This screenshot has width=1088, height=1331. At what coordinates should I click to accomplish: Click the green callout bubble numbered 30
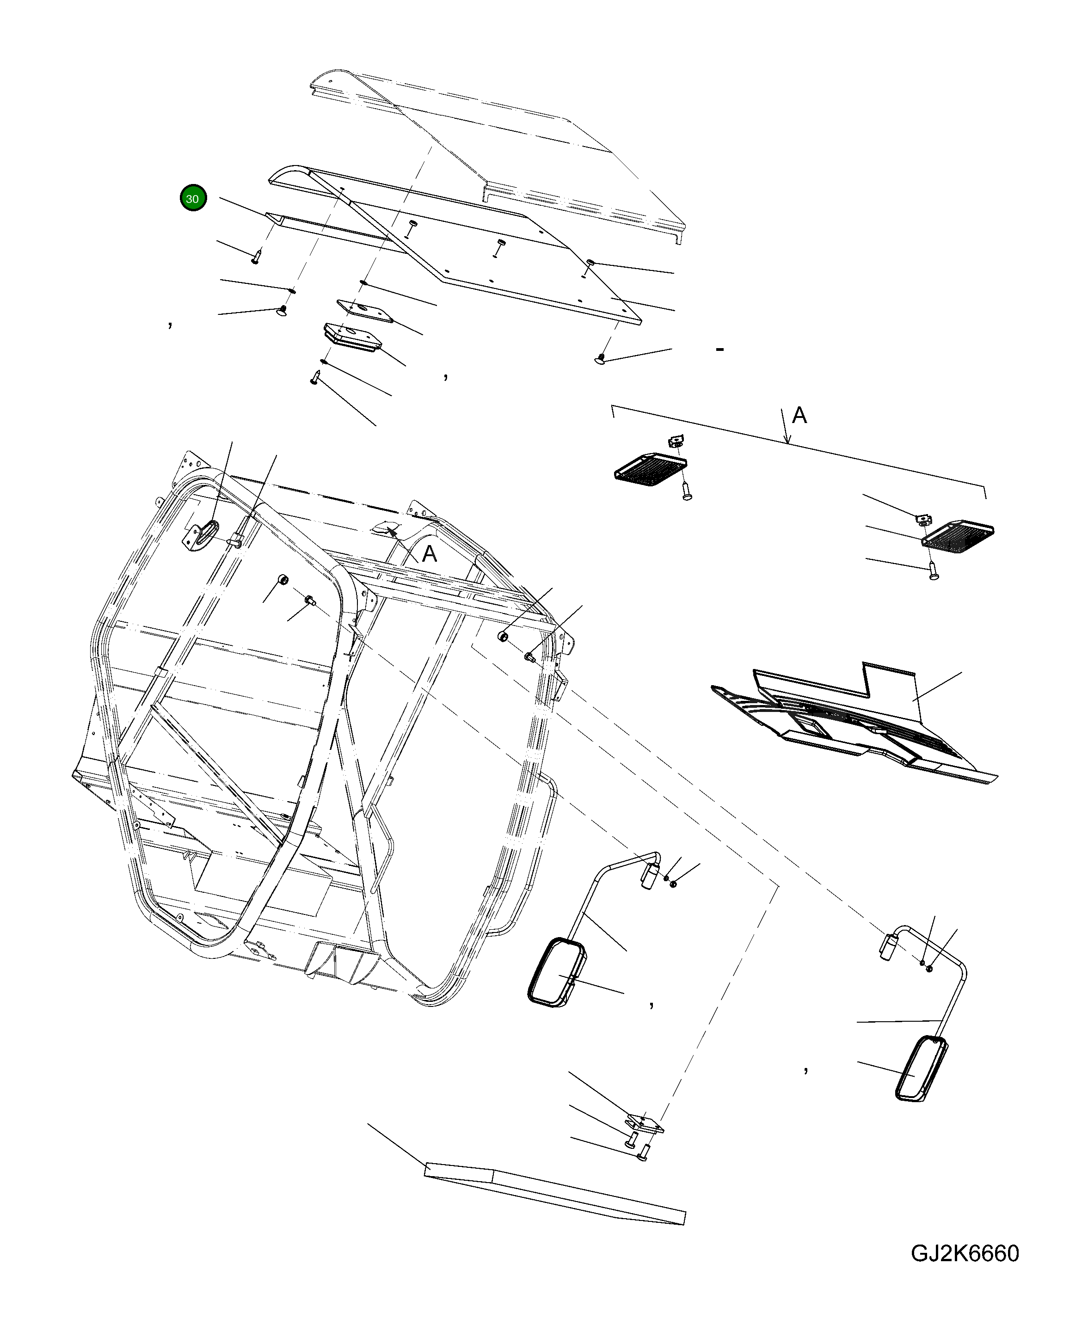pyautogui.click(x=193, y=199)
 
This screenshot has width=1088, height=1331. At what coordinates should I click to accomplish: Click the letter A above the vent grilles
pyautogui.click(x=799, y=416)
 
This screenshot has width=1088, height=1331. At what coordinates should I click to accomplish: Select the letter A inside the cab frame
pyautogui.click(x=429, y=554)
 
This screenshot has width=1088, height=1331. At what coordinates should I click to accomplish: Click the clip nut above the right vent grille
pyautogui.click(x=922, y=518)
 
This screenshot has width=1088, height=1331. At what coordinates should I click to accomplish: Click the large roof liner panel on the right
pyautogui.click(x=852, y=730)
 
